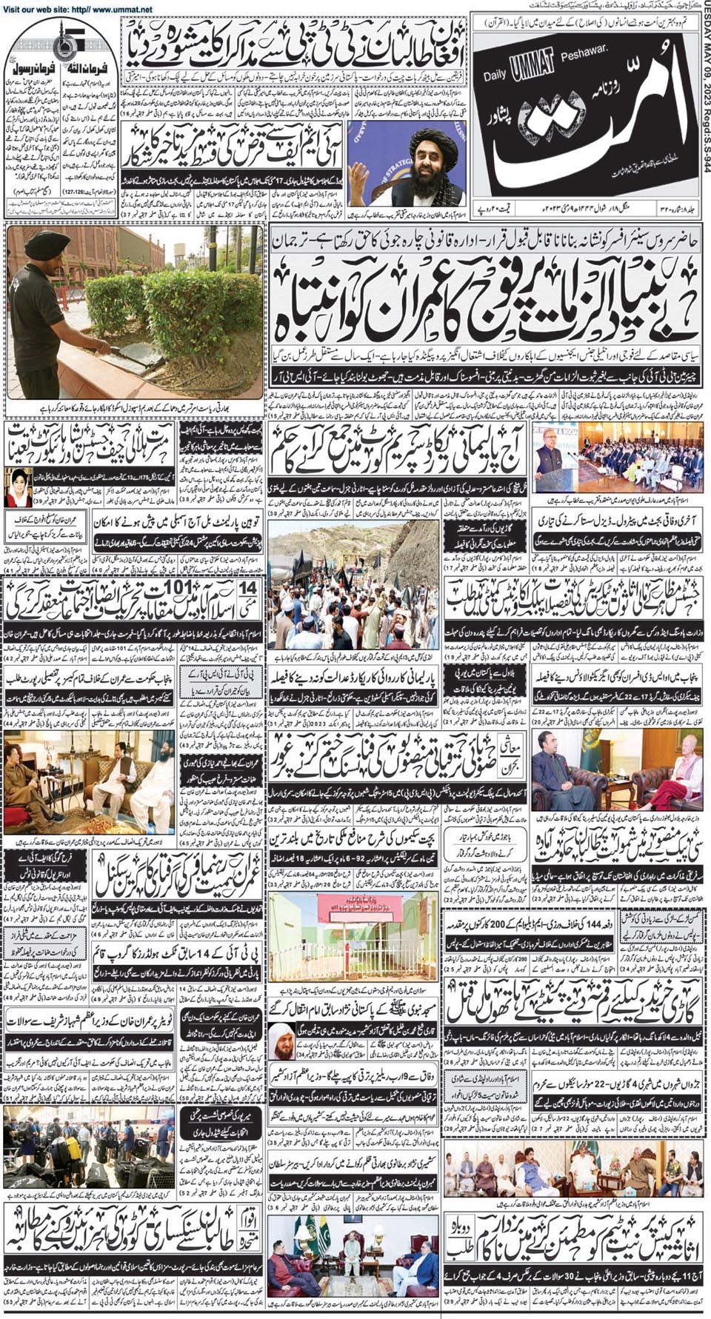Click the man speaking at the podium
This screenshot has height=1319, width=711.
coord(547,456)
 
